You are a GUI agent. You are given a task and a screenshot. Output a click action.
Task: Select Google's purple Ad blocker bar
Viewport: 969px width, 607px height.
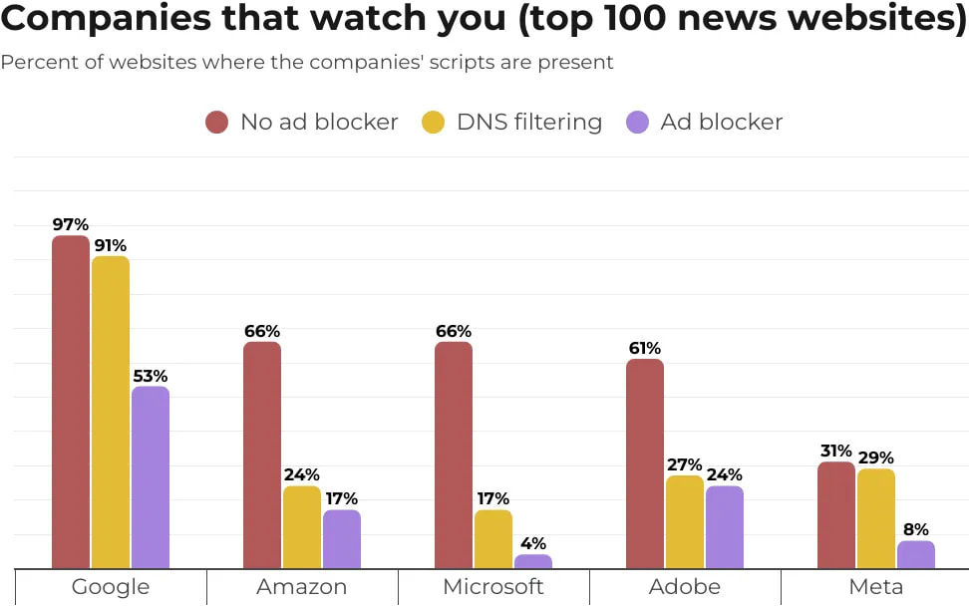click(151, 477)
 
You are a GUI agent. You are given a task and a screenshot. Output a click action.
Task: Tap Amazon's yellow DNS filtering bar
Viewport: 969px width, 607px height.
click(302, 527)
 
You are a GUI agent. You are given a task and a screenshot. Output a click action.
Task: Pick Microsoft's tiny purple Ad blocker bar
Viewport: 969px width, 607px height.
click(533, 562)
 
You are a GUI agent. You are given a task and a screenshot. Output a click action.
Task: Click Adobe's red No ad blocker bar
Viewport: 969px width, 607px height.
click(645, 463)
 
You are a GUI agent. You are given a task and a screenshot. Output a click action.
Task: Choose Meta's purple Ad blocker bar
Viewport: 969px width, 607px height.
click(916, 555)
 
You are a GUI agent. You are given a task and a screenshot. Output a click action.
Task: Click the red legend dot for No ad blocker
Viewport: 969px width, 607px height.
click(217, 123)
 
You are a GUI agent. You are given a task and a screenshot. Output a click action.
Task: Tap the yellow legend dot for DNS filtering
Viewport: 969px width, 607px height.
click(434, 123)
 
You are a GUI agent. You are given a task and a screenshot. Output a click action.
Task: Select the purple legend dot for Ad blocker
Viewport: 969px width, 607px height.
click(637, 123)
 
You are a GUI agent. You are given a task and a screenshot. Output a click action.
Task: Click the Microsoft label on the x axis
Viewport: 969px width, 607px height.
click(493, 587)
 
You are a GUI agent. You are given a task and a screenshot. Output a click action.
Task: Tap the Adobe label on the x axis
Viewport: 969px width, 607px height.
click(685, 587)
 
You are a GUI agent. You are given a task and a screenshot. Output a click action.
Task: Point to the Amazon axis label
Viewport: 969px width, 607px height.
click(302, 587)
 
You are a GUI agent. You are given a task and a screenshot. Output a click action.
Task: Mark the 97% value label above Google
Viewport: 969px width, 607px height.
click(71, 225)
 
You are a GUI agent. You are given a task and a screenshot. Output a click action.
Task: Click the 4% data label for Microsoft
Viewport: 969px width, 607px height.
click(533, 543)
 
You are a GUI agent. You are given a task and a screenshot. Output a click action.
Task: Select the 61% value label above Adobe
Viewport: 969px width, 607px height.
click(645, 348)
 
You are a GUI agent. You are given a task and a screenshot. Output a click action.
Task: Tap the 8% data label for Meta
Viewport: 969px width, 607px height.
click(916, 529)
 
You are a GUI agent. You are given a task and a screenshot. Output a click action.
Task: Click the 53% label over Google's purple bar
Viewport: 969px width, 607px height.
click(151, 376)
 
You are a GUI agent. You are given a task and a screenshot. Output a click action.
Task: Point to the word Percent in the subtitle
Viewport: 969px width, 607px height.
click(35, 63)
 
